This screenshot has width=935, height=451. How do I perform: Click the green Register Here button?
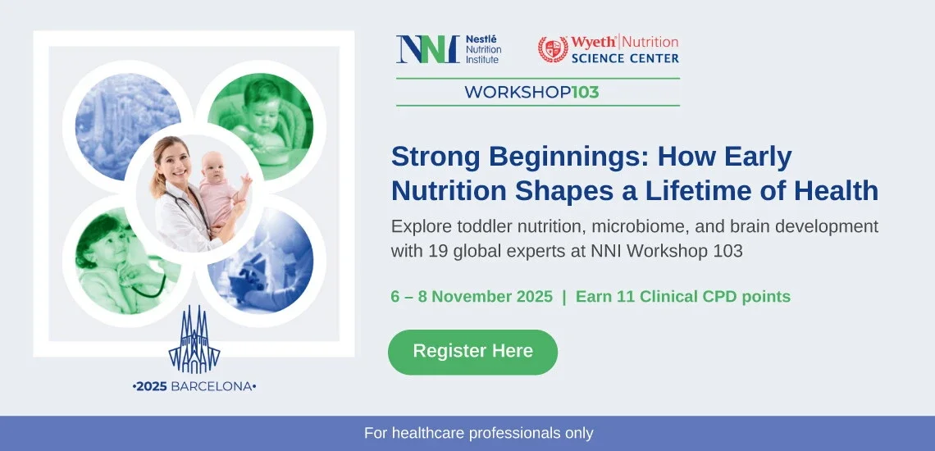click(473, 352)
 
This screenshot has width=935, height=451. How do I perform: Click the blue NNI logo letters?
click(427, 49)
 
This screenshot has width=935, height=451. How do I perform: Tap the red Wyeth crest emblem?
click(553, 49)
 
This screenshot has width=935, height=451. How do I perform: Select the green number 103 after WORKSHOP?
click(585, 93)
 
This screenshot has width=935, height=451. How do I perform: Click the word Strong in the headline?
click(436, 157)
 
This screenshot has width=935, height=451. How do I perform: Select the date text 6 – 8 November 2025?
click(472, 297)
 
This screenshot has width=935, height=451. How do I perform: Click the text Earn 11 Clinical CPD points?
click(682, 297)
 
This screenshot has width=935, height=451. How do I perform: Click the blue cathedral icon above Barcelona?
click(194, 339)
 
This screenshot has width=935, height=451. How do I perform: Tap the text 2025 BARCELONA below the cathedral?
click(194, 386)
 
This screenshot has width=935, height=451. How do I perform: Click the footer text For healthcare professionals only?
click(479, 433)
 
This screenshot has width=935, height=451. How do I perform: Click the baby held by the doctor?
click(221, 189)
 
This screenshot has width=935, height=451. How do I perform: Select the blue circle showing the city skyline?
click(128, 126)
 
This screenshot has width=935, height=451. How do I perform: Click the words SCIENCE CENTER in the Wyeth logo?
click(625, 58)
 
